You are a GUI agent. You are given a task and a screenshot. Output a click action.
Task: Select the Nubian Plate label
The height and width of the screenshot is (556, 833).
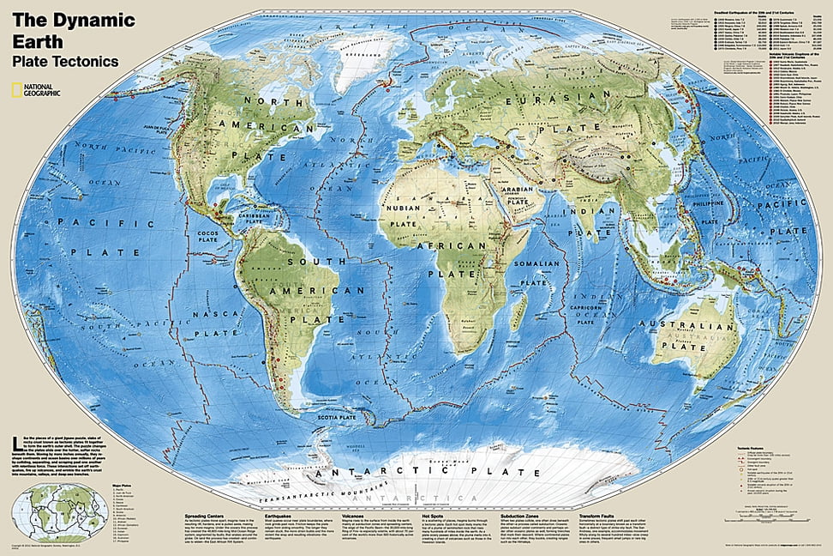point(409,218)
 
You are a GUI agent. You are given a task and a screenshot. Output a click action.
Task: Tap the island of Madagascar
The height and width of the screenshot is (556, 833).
point(515,315)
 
